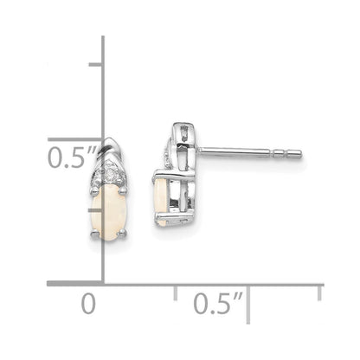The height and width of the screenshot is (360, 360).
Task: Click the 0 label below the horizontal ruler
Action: tap(88, 304)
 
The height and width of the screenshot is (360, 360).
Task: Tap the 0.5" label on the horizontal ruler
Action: tap(218, 304)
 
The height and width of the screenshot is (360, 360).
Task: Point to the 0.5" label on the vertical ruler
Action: tap(72, 157)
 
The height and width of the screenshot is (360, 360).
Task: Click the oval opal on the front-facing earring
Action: tap(108, 212)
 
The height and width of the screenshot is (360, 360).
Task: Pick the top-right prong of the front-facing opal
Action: tap(122, 190)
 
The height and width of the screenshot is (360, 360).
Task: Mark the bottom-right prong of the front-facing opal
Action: tap(122, 233)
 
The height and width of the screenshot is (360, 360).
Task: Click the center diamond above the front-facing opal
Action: tap(109, 174)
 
